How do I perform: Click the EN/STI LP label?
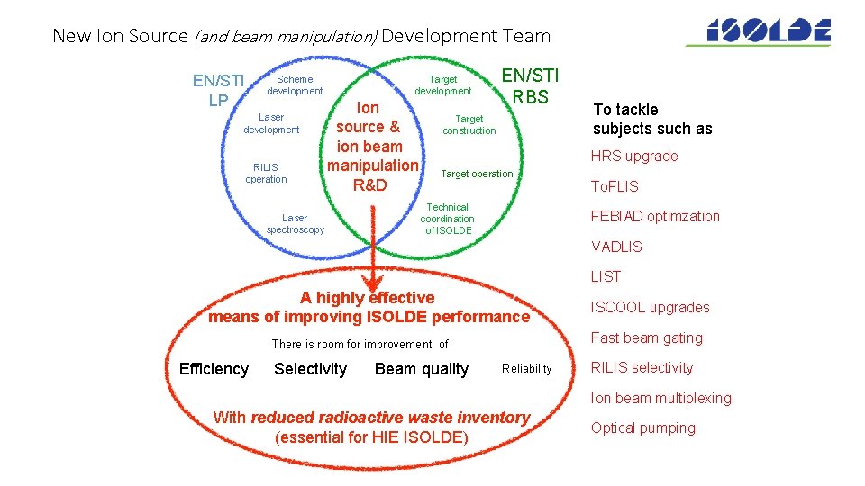pyautogui.click(x=218, y=91)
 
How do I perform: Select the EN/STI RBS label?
pyautogui.click(x=530, y=85)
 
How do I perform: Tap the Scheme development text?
pyautogui.click(x=295, y=85)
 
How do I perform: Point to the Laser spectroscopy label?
pyautogui.click(x=295, y=224)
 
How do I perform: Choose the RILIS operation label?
pyautogui.click(x=266, y=174)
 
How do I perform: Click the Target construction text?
pyautogui.click(x=469, y=125)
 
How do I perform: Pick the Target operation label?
pyautogui.click(x=477, y=174)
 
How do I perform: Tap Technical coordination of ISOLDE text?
pyautogui.click(x=447, y=219)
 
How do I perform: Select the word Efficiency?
pyautogui.click(x=214, y=369)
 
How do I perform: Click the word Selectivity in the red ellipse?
pyautogui.click(x=310, y=369)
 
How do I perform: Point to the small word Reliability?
pyautogui.click(x=526, y=369)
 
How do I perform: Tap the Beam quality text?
pyautogui.click(x=422, y=369)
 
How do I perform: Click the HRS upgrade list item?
pyautogui.click(x=634, y=157)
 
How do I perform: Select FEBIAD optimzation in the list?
pyautogui.click(x=655, y=217)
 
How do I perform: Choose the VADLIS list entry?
pyautogui.click(x=616, y=247)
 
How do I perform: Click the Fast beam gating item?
pyautogui.click(x=646, y=338)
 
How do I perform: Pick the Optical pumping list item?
pyautogui.click(x=642, y=428)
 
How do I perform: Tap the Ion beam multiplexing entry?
pyautogui.click(x=660, y=399)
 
